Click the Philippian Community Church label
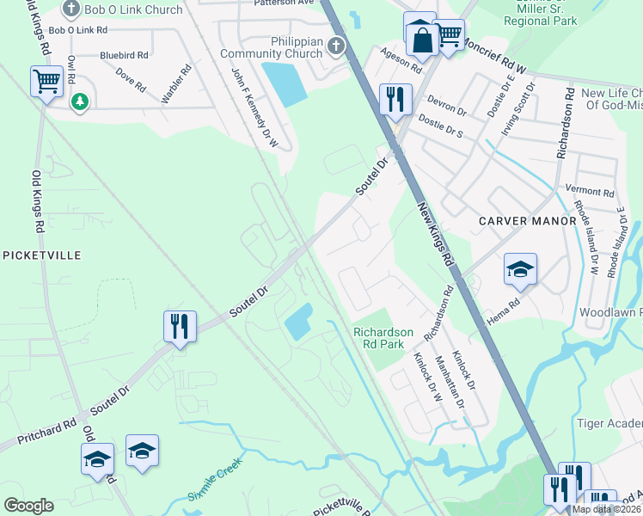pos(271,46)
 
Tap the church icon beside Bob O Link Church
pos(71,9)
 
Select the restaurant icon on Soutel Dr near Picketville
pos(180,327)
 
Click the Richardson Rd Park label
pos(383,338)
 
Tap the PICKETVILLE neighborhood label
pos(42,255)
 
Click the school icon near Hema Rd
pos(519,269)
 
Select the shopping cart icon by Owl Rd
pos(47,82)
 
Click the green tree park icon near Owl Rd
pos(80,102)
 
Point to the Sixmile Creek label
pos(216,481)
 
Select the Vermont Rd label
pos(590,192)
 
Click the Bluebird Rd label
pos(125,54)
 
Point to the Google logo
pos(28,506)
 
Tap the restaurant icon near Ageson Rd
pos(395,99)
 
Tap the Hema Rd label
pos(504,310)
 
